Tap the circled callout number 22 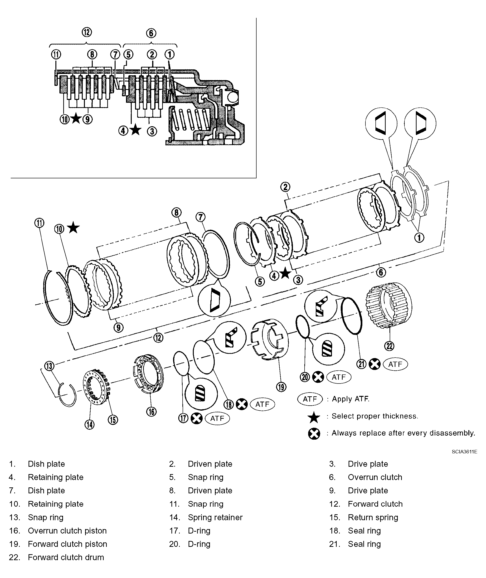pos(389,346)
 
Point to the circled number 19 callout pos(281,387)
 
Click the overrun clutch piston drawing pos(149,373)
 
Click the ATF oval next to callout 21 pos(395,364)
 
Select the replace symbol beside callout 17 pos(197,418)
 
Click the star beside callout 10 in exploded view pos(73,228)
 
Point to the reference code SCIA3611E pos(464,452)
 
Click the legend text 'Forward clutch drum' pos(66,557)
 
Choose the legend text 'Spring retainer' pos(215,517)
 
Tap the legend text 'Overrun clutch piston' pos(67,531)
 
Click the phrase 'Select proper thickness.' pos(375,416)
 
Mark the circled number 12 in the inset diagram pos(87,32)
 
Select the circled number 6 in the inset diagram pos(151,33)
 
